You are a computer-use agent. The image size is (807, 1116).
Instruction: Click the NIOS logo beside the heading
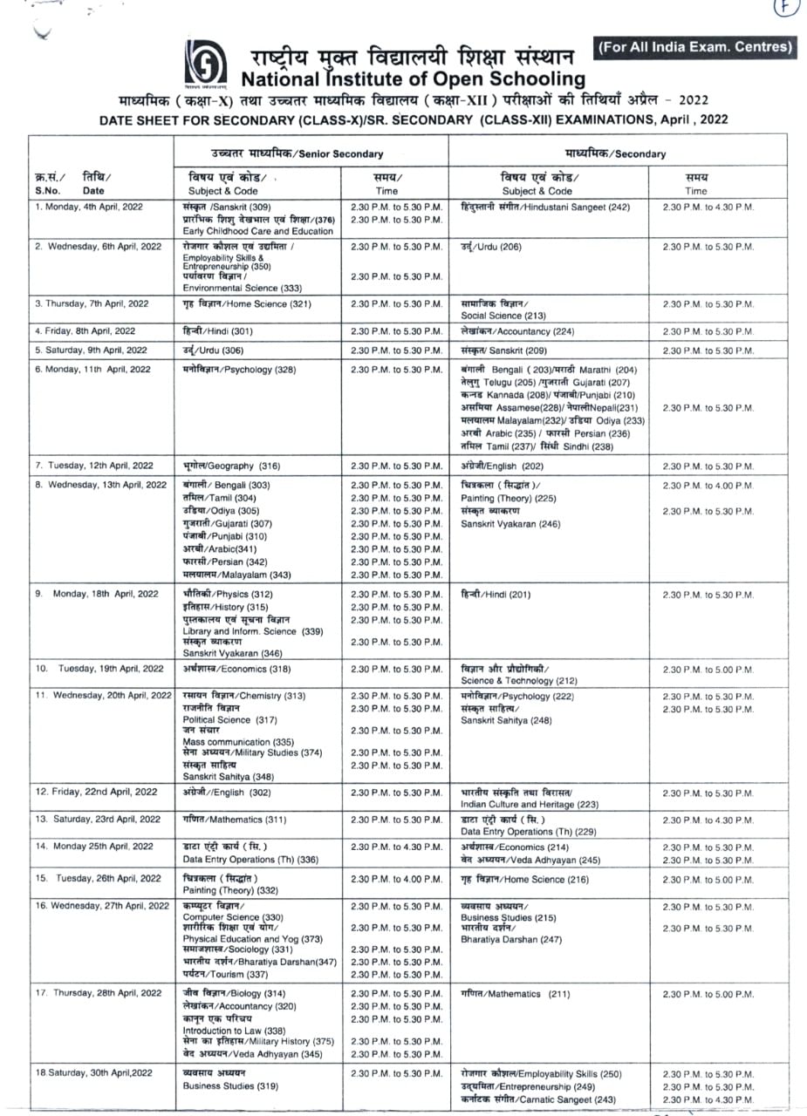pyautogui.click(x=201, y=64)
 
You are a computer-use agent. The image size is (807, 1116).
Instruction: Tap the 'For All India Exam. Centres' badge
pyautogui.click(x=694, y=47)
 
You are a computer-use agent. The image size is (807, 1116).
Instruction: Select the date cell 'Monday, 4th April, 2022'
pyautogui.click(x=90, y=207)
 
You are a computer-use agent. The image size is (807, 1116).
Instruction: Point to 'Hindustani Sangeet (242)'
pyautogui.click(x=545, y=207)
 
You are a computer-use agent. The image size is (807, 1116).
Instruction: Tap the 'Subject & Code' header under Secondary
pyautogui.click(x=537, y=191)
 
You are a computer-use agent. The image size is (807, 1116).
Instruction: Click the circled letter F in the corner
pyautogui.click(x=786, y=8)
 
